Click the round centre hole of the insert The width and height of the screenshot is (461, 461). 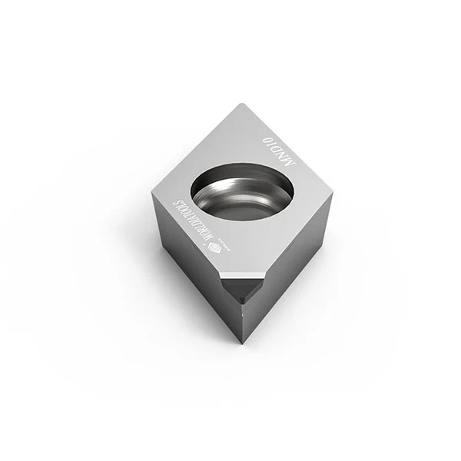pos(242,191)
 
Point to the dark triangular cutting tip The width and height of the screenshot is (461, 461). pos(242,289)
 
